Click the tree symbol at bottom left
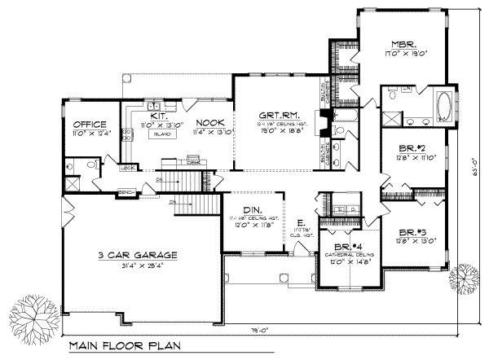tap(30, 313)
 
